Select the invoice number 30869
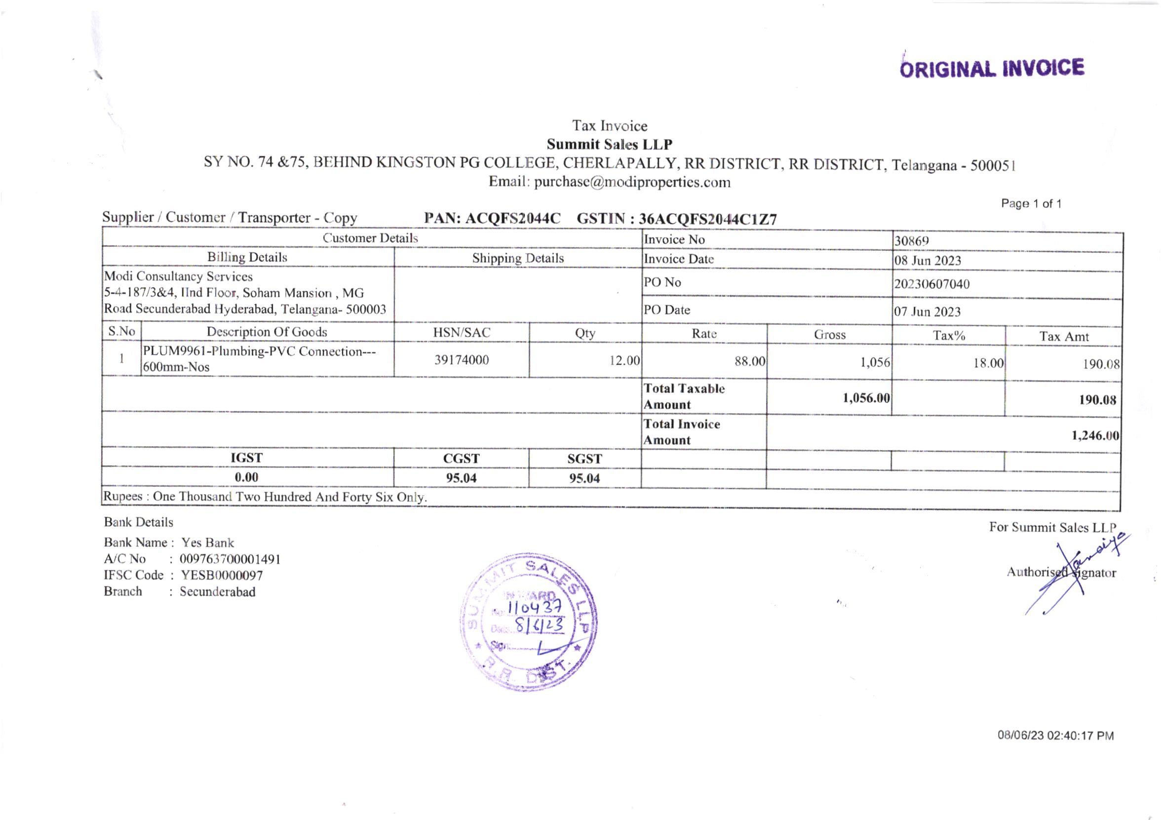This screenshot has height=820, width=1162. coord(911,241)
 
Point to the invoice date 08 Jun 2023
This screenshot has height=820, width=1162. coord(927,261)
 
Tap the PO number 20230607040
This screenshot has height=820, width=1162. coord(932,284)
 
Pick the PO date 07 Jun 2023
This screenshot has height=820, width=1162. coord(927,312)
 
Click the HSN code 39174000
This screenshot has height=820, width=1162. coord(462,360)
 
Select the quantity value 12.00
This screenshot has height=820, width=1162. coord(624,360)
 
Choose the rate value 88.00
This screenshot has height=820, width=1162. coord(749,361)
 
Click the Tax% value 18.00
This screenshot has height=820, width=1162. coord(988,363)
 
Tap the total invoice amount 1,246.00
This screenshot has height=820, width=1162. coord(1095,435)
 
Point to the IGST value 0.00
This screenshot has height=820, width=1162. coord(246,477)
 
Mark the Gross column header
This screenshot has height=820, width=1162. coord(829,335)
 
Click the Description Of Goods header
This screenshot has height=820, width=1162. coord(267,332)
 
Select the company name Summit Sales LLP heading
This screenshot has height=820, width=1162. coord(609,145)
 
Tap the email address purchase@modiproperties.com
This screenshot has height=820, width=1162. coord(632,182)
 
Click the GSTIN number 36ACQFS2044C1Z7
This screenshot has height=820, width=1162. coord(707,219)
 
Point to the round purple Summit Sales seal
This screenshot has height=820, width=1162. coord(528,622)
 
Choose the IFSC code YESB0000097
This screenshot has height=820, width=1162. coord(222,575)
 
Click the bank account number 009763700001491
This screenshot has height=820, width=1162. coord(230,559)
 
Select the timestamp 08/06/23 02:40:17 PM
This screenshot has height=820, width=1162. coord(1055,736)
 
